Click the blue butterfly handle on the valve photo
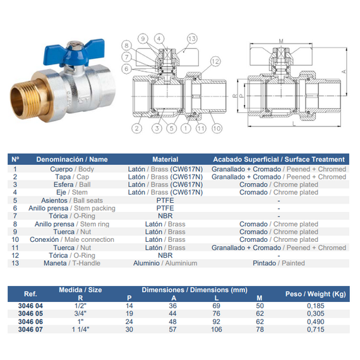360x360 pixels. coord(73,52)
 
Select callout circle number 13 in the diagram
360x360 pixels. coord(192,39)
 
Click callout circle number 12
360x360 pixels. coord(215,61)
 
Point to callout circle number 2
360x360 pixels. coord(137,128)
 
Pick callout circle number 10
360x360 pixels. coord(217,128)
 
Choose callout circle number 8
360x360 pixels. coord(126,45)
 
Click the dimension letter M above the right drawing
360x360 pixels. coord(281,41)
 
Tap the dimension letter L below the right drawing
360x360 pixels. coord(294,124)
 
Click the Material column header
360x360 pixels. coord(165,159)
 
